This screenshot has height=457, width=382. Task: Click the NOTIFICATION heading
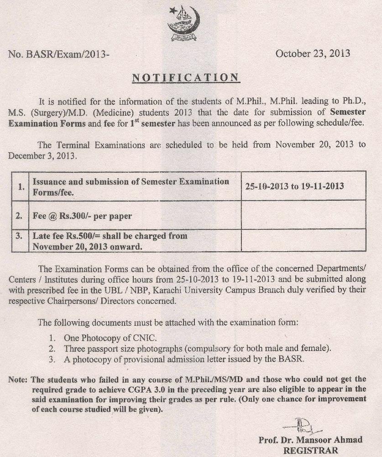click(x=185, y=77)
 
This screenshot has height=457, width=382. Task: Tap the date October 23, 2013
click(x=313, y=53)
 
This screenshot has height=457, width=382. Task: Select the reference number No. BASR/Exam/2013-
click(x=59, y=55)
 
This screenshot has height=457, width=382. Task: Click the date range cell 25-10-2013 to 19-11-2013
click(x=294, y=186)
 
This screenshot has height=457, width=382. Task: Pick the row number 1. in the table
click(x=19, y=186)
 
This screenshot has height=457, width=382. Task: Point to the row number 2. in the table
click(x=19, y=216)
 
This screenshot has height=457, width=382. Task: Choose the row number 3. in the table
click(x=19, y=237)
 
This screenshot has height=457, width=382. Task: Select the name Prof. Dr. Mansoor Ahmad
click(x=310, y=440)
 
